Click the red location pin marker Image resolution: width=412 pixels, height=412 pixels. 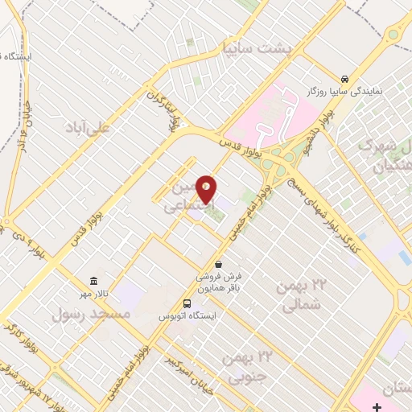click(x=207, y=188)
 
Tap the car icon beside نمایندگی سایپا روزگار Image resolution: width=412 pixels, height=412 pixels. click(x=344, y=79)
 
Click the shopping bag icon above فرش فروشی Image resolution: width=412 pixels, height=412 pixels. click(x=218, y=264)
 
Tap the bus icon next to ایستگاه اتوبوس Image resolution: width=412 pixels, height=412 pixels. click(x=187, y=303)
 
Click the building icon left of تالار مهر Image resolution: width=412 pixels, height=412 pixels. click(x=95, y=281)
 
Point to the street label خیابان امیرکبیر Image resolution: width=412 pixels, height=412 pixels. click(x=186, y=358)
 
